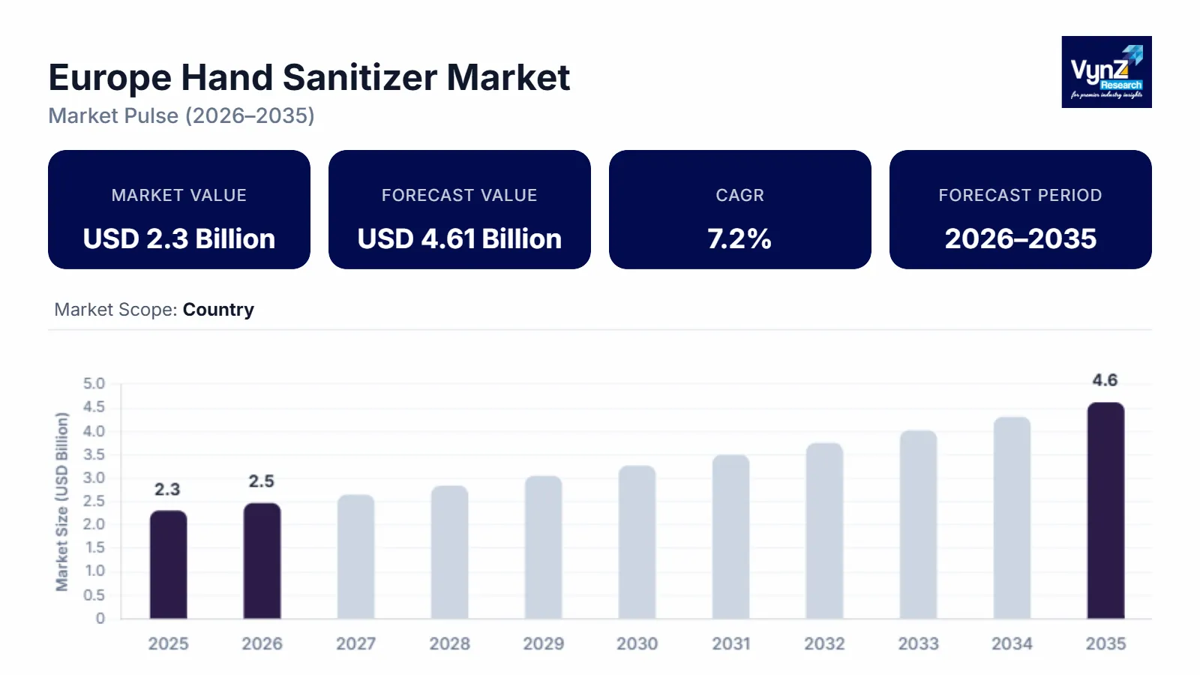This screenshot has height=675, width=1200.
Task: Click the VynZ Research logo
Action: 1106,72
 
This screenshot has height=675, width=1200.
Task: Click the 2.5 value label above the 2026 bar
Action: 262,481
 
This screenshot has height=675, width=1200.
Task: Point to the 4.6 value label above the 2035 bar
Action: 1105,380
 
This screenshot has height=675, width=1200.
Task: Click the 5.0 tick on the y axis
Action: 94,384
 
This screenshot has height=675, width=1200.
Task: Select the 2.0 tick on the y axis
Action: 94,524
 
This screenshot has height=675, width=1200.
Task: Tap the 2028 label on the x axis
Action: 449,643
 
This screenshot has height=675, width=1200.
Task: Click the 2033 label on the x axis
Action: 918,643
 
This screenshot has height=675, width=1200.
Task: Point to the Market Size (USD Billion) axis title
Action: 61,501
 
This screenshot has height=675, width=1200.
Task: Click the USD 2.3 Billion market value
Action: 179,238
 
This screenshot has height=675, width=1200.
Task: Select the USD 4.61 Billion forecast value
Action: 459,238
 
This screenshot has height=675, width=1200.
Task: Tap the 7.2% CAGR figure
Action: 739,238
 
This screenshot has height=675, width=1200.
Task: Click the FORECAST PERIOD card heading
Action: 1020,195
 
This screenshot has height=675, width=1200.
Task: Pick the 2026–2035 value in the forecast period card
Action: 1020,238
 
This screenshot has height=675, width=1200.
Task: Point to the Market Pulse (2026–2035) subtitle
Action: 181,116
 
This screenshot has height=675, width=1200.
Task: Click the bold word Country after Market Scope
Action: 218,310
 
